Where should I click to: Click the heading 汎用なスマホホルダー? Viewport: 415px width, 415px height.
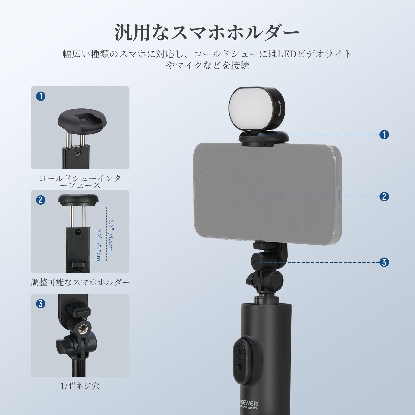(207, 32)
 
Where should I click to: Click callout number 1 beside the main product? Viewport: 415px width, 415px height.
(384, 134)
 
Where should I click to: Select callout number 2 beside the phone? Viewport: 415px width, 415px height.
(384, 196)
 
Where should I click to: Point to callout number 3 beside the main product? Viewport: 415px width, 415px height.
(384, 262)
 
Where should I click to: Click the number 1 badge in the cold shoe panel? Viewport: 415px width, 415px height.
(41, 96)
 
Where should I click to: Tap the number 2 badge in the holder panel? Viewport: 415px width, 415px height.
(41, 200)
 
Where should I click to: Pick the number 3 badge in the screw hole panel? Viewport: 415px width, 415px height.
(41, 304)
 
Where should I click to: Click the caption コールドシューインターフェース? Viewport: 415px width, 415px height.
(80, 182)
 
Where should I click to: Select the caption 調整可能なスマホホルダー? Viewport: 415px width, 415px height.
(80, 282)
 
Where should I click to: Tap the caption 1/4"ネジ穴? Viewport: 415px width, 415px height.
(80, 386)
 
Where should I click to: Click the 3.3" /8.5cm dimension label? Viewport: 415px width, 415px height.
(110, 236)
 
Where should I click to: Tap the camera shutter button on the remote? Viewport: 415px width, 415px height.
(239, 351)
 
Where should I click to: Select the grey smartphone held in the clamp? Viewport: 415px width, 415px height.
(267, 194)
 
